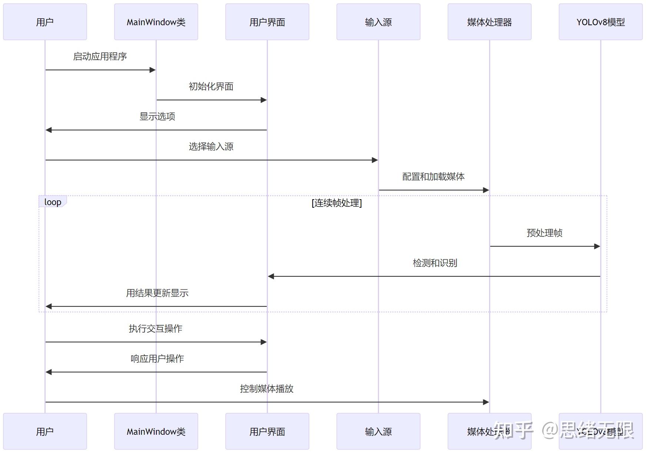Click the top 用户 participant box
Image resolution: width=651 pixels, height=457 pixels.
tap(45, 22)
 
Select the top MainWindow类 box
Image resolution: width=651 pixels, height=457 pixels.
tap(156, 22)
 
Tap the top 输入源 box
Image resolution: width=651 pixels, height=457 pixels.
tap(378, 22)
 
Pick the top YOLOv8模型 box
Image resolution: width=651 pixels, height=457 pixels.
tap(601, 22)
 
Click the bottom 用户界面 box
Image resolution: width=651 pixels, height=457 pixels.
tap(267, 431)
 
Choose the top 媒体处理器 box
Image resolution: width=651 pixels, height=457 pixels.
tap(489, 22)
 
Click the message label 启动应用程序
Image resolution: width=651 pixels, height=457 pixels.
tap(100, 56)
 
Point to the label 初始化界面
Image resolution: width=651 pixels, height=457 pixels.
tap(211, 86)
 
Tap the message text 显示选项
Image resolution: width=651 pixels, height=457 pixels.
tap(157, 116)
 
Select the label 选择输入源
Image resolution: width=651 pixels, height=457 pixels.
tap(211, 147)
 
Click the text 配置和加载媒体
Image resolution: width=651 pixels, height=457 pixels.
tap(434, 177)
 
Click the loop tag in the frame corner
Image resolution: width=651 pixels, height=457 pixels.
tap(53, 202)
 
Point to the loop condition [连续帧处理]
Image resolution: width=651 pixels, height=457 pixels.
tap(337, 203)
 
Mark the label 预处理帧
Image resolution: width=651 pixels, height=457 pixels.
tap(545, 233)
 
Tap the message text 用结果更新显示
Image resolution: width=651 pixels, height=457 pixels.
tap(157, 293)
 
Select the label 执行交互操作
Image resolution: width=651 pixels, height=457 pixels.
tap(156, 329)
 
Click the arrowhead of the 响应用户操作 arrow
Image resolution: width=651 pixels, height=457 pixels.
tap(49, 372)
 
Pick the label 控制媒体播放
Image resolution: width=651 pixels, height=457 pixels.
tap(267, 389)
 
